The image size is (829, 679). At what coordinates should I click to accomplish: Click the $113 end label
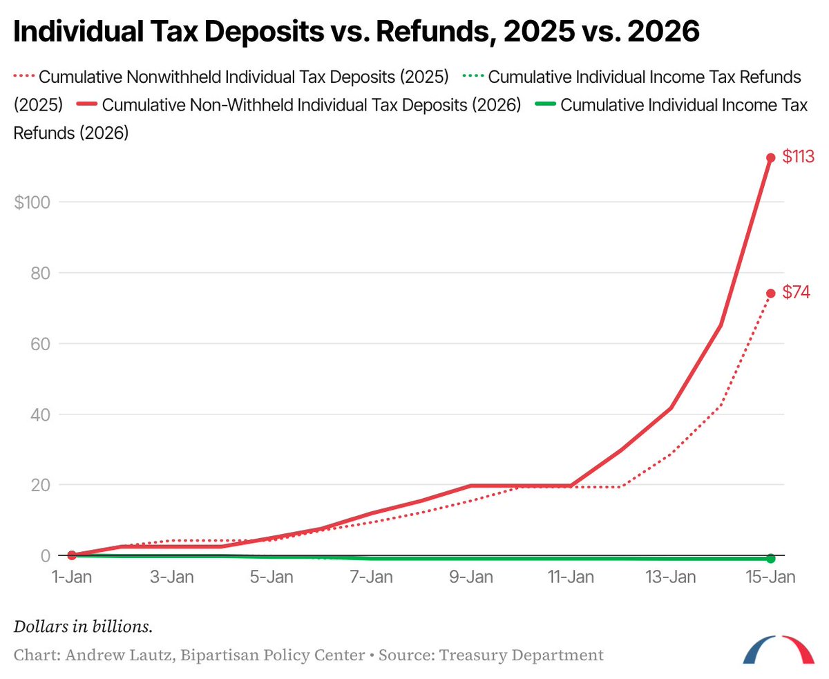[798, 157]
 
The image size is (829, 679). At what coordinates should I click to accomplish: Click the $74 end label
[796, 293]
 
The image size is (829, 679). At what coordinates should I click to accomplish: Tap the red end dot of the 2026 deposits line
[771, 157]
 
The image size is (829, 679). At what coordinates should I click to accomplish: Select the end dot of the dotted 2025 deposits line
[771, 293]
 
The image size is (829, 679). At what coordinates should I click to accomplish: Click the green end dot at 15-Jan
[771, 558]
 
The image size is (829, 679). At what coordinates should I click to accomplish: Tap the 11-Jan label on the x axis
[571, 577]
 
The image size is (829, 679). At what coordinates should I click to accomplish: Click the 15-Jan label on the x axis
[770, 577]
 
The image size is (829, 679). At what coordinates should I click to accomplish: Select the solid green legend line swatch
[544, 106]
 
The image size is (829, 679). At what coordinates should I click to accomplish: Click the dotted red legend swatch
[24, 76]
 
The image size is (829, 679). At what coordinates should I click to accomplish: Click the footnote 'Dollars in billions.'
[83, 627]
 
